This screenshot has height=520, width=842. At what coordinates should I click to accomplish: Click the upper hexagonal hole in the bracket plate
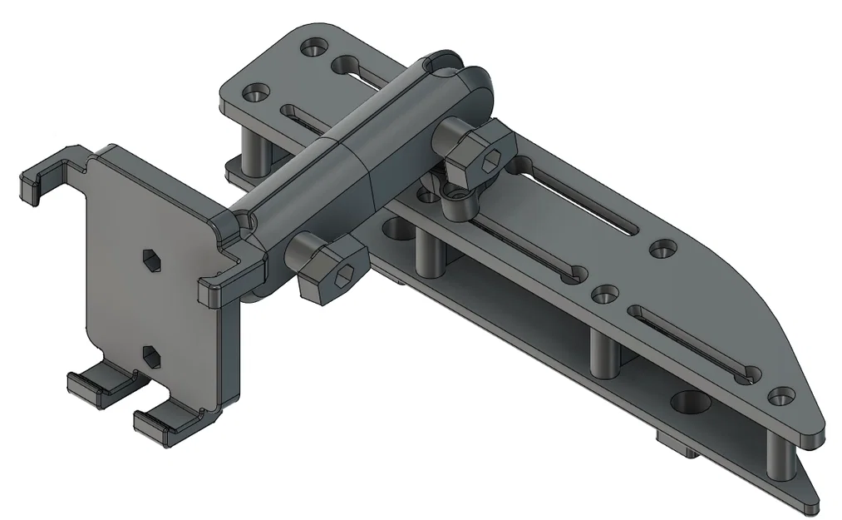[x=151, y=261]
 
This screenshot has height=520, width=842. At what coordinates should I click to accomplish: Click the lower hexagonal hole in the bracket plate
[x=151, y=355]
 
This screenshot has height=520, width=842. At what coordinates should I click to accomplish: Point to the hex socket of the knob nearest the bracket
[x=342, y=279]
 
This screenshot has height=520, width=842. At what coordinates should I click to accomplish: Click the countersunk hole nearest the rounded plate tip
[x=779, y=397]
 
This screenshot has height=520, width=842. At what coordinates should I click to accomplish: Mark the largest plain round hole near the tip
[x=691, y=402]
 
